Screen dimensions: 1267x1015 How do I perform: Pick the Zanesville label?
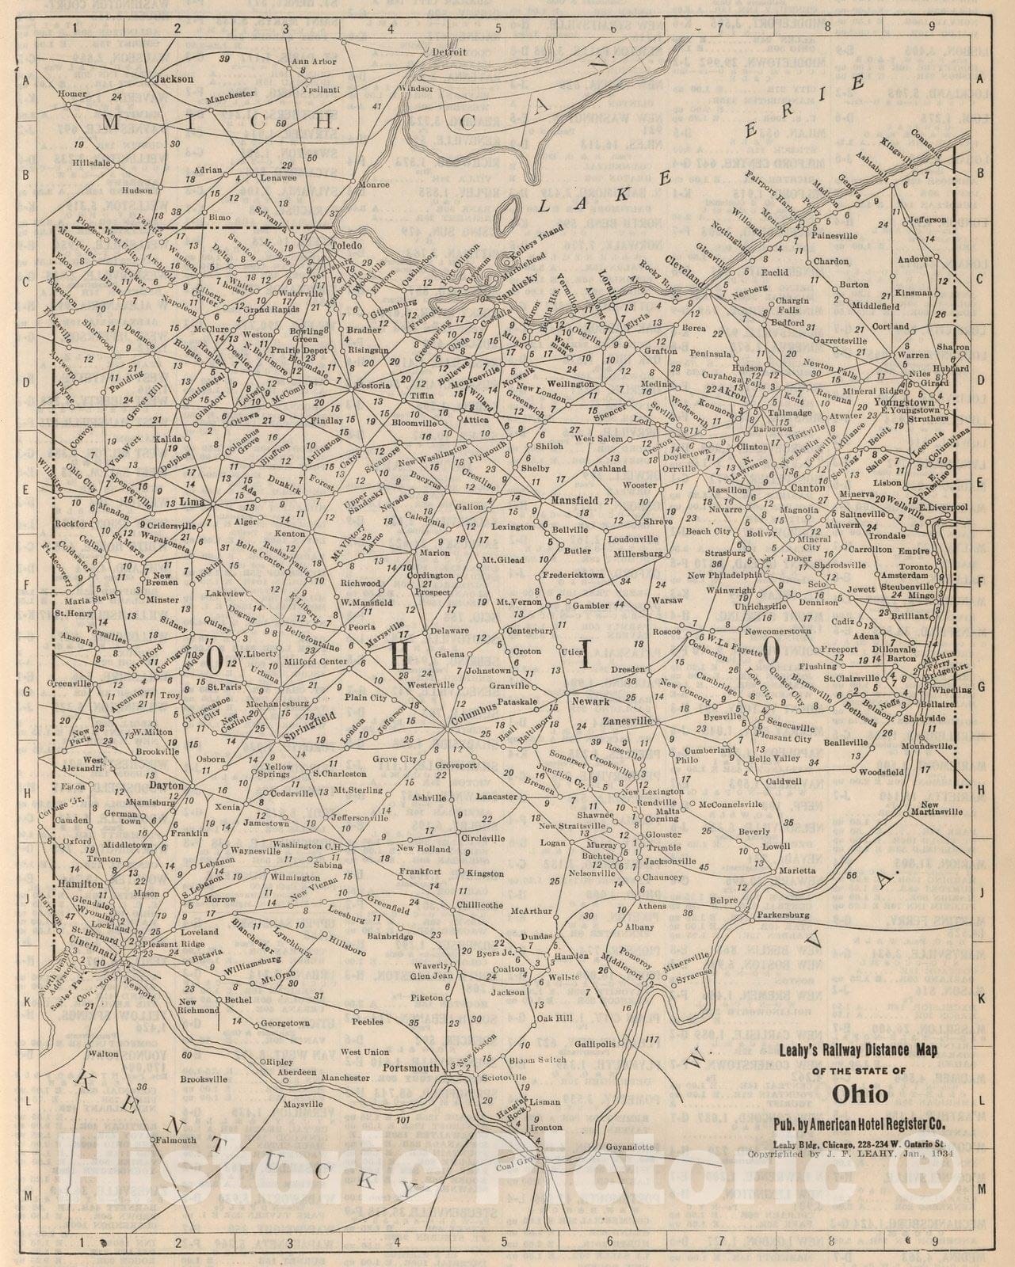click(626, 721)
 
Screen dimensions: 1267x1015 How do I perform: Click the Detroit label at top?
click(450, 52)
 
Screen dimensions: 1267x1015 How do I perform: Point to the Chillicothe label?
click(480, 904)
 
